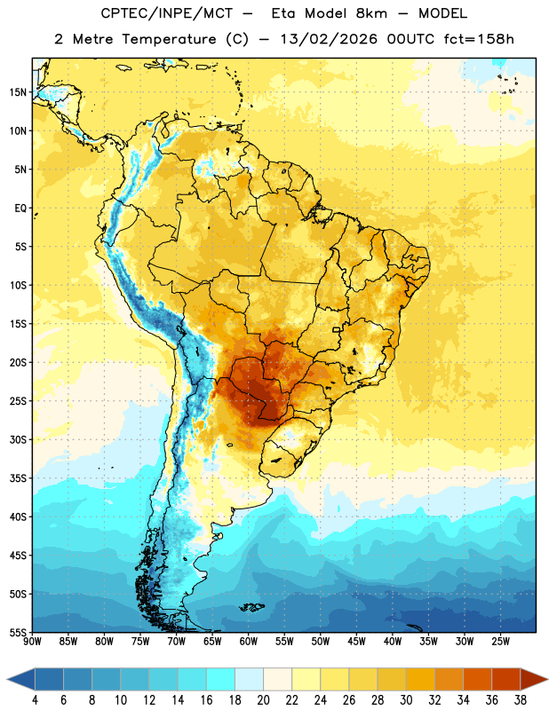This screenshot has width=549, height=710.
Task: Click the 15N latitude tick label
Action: click(18, 92)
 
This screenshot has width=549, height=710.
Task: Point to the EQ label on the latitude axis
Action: click(20, 209)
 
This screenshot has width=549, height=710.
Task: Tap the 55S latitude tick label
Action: click(18, 633)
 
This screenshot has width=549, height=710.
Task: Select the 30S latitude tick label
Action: click(18, 439)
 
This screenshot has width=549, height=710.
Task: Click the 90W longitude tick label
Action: click(32, 642)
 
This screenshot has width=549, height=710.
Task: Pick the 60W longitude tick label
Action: click(249, 642)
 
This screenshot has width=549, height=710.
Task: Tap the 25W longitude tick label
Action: click(500, 642)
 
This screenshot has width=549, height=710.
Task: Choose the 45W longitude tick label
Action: click(356, 642)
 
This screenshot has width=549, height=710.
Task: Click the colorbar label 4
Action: click(35, 700)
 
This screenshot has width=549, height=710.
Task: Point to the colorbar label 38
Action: click(521, 700)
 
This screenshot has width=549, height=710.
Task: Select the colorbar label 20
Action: click(263, 700)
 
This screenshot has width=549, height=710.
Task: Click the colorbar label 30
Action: click(406, 700)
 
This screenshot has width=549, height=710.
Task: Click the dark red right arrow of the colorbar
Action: click(533, 679)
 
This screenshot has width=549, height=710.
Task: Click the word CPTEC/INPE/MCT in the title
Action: click(166, 13)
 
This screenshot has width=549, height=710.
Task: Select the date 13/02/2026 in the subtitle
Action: click(329, 39)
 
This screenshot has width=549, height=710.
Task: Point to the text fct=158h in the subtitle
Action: click(479, 39)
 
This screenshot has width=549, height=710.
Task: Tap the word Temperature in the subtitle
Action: click(169, 40)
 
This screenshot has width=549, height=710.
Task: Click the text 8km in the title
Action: click(371, 13)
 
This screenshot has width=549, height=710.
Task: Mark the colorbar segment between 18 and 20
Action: click(249, 679)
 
